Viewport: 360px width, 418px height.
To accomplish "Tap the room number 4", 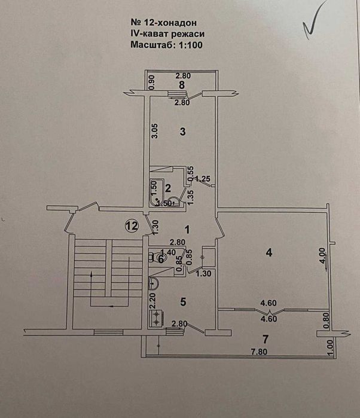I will [x=269, y=253].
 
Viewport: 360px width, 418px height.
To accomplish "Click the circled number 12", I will [x=132, y=225].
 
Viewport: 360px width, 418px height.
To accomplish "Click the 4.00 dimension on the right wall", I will [x=323, y=257].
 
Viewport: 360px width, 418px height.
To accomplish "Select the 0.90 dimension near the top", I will [x=152, y=82].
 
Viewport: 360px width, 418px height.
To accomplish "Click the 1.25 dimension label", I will [x=203, y=178].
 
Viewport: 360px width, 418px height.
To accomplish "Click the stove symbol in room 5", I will [x=155, y=317].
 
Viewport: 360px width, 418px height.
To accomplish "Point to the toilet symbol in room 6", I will [x=159, y=258].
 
